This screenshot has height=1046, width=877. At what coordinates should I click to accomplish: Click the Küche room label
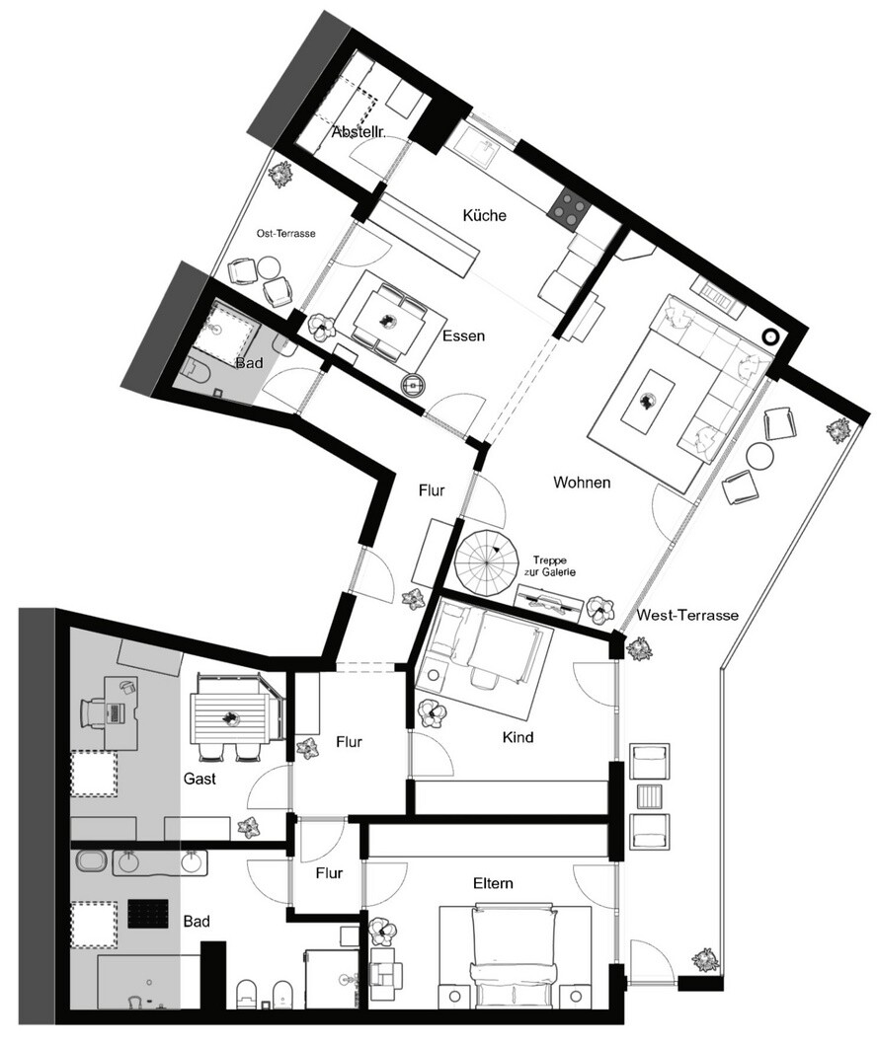coord(485,215)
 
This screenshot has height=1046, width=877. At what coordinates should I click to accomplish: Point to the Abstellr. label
coord(359,132)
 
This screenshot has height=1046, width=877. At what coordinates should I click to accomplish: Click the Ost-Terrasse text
coord(285,234)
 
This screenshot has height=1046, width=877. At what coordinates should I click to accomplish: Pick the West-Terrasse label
coord(687,615)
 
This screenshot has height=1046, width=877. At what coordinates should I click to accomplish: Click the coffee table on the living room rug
coord(645,402)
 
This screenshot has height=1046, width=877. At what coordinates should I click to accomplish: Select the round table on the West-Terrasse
coord(760,457)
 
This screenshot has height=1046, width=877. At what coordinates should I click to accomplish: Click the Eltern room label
coord(493,884)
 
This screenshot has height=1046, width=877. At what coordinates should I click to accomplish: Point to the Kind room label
coord(518,737)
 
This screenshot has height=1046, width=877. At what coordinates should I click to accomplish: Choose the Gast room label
coord(199,779)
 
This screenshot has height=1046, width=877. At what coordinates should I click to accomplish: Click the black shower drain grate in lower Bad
coord(147,913)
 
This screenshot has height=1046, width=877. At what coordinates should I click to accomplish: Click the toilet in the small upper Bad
coord(197,369)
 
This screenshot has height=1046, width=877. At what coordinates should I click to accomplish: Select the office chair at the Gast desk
coord(95,712)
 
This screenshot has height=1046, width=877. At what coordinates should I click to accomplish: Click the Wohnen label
coord(582,483)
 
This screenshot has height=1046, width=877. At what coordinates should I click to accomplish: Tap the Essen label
coord(464,336)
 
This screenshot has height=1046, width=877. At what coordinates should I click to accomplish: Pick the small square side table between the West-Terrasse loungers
coord(648,795)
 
